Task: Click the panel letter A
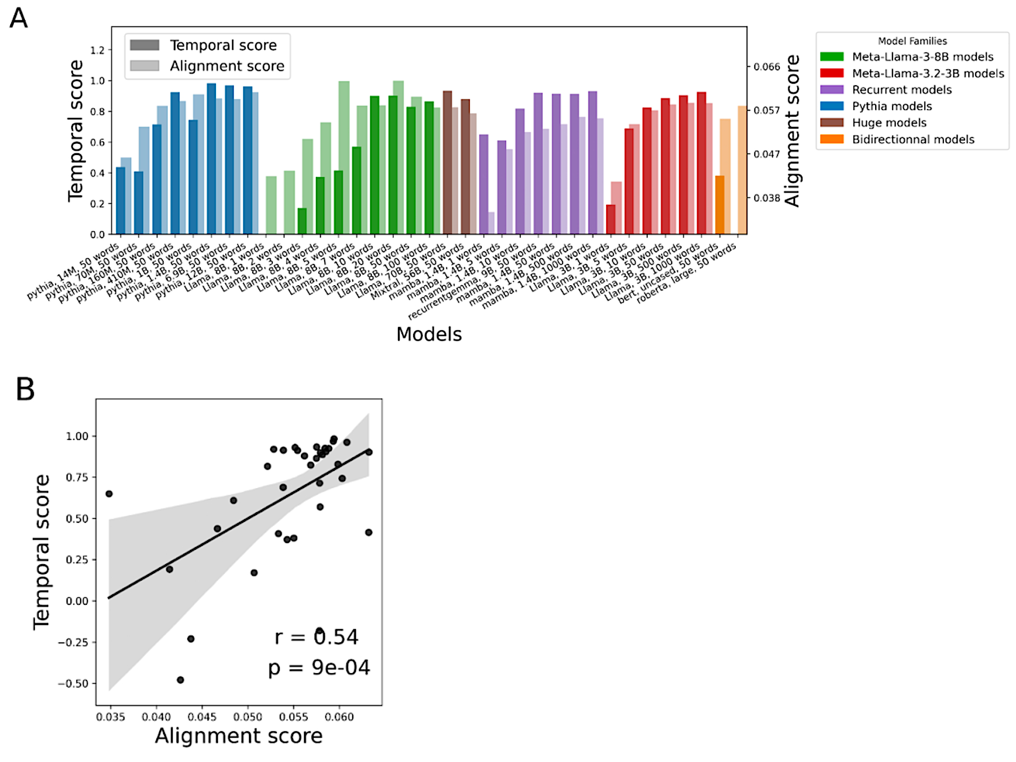click(19, 18)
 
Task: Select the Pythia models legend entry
click(892, 106)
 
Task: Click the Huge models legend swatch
click(832, 123)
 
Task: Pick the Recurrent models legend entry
click(902, 90)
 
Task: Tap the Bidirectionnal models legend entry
click(913, 140)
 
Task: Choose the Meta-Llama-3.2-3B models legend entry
click(928, 74)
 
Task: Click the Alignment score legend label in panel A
click(227, 66)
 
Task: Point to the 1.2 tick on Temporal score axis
click(97, 50)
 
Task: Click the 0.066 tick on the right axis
click(767, 67)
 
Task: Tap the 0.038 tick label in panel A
click(767, 198)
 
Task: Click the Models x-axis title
click(429, 334)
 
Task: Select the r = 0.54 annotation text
click(316, 637)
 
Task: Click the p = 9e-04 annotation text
click(319, 668)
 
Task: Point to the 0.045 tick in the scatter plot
click(202, 717)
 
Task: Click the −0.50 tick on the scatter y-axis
click(73, 684)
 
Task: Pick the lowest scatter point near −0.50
click(180, 680)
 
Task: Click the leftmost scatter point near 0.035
click(109, 494)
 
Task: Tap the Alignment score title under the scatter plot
click(238, 736)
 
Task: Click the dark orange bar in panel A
click(719, 205)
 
